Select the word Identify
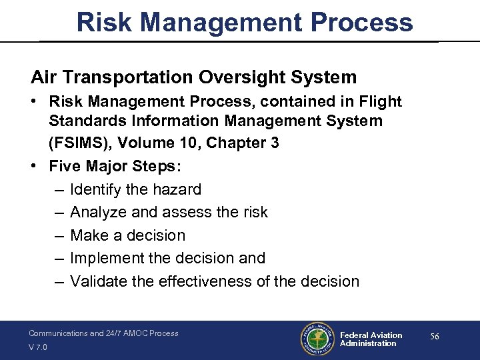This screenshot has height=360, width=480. pyautogui.click(x=95, y=189)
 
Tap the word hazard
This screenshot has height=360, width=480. pyautogui.click(x=176, y=189)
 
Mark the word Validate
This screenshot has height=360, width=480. pyautogui.click(x=97, y=281)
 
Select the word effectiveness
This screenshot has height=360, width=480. pyautogui.click(x=207, y=281)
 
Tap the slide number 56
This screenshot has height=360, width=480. pyautogui.click(x=434, y=337)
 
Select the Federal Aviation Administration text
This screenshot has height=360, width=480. pyautogui.click(x=371, y=339)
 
